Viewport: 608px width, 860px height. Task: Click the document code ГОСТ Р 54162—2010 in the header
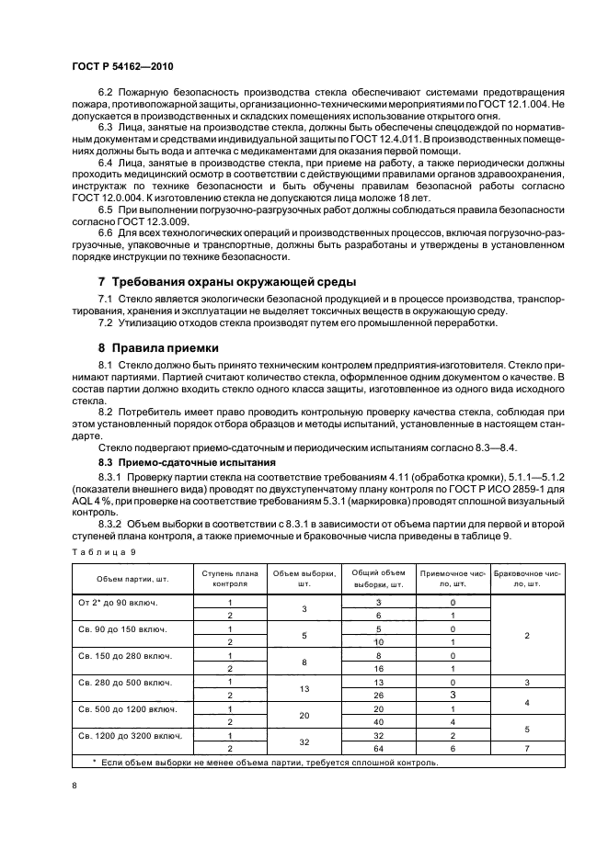[120, 69]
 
